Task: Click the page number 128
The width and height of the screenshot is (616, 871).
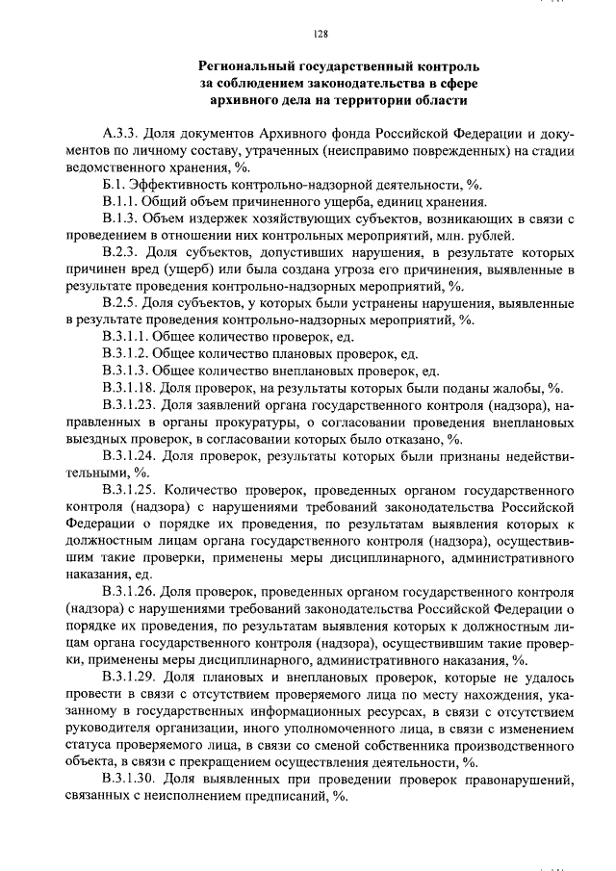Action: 321,35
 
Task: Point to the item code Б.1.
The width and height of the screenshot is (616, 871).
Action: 115,185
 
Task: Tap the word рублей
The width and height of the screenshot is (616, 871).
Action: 491,237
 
